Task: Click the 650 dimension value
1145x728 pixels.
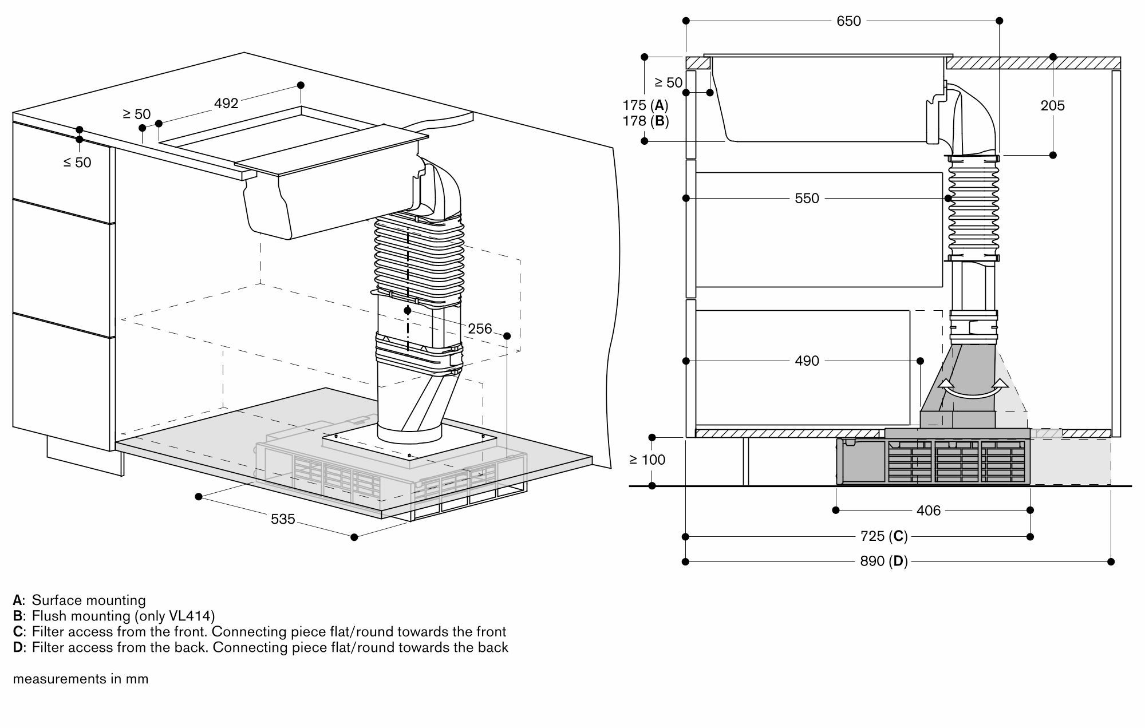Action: (x=848, y=21)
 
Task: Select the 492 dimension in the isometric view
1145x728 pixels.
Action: (x=226, y=104)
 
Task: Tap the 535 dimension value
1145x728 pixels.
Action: (x=283, y=519)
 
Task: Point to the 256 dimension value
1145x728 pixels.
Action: (x=480, y=329)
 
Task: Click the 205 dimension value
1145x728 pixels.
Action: (x=1053, y=105)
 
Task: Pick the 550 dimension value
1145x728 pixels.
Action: (x=807, y=199)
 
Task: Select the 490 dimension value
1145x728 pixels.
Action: (x=807, y=361)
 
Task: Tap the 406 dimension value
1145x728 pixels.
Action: (x=928, y=511)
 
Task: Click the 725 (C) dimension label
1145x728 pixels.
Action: (x=884, y=536)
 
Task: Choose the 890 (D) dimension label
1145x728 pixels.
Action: (x=884, y=561)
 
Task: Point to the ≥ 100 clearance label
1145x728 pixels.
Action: (x=647, y=460)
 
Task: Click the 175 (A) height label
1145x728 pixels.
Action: (x=645, y=105)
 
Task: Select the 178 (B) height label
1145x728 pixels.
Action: (x=645, y=121)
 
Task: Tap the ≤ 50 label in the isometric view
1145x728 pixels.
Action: (x=77, y=163)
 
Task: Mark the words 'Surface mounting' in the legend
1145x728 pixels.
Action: (x=89, y=600)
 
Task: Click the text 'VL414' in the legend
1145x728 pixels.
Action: (x=191, y=616)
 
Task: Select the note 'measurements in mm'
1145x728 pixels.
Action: (x=81, y=679)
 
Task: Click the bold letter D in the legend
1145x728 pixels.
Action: (x=18, y=648)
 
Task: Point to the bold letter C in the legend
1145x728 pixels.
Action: (x=18, y=632)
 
